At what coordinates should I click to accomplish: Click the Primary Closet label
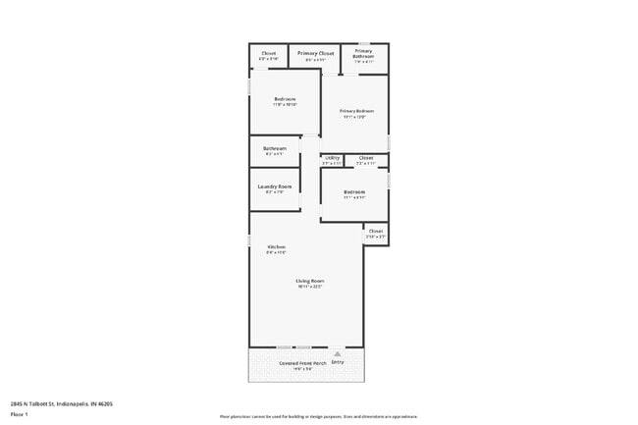point(315,53)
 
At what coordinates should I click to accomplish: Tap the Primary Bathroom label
point(363,54)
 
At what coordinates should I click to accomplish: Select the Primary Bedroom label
point(357,111)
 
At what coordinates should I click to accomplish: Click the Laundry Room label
point(275,186)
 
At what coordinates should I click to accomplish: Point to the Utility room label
point(332,157)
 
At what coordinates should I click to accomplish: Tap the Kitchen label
point(276,245)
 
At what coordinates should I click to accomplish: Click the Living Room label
point(310,281)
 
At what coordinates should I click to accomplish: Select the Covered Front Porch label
point(301,362)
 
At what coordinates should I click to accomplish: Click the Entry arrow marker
point(338,353)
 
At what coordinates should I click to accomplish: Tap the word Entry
point(338,362)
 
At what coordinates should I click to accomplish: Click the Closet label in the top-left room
point(268,53)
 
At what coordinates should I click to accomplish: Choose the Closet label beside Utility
point(365,157)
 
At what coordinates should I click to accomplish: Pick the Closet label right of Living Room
point(375,232)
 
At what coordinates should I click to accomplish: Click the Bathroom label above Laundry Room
point(274,148)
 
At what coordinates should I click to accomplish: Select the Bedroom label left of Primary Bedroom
point(285,99)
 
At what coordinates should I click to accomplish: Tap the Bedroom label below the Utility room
point(354,191)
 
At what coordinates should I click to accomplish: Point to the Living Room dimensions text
point(310,287)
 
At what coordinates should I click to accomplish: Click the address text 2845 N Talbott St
point(61,402)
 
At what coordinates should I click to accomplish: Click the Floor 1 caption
point(19,414)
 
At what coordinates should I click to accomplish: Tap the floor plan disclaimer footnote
point(319,417)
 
